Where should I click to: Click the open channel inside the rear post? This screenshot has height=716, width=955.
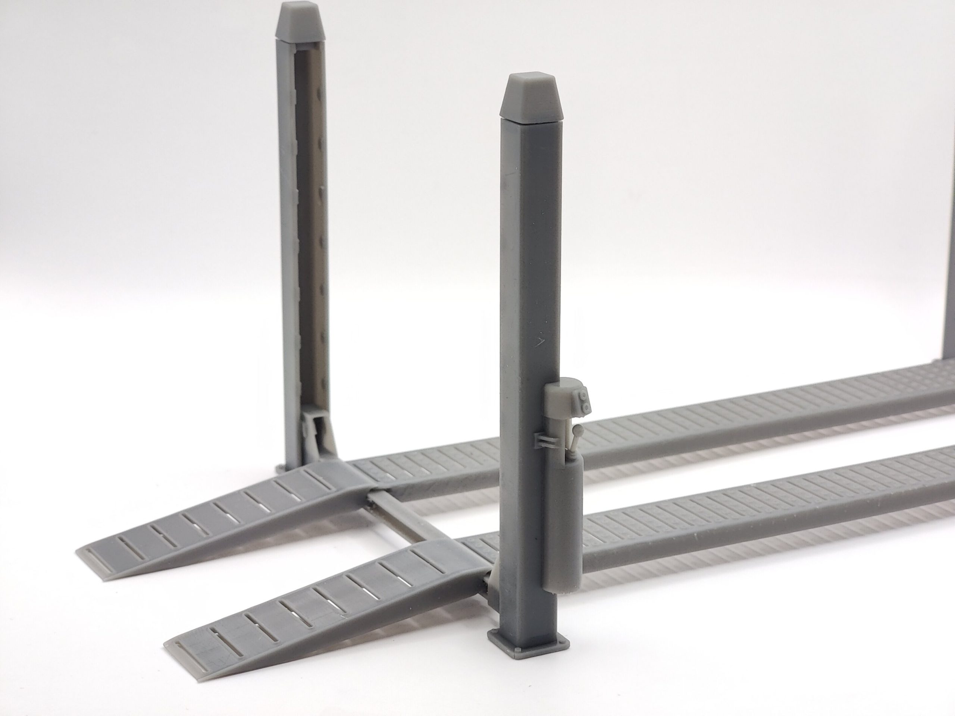pyautogui.click(x=310, y=216)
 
